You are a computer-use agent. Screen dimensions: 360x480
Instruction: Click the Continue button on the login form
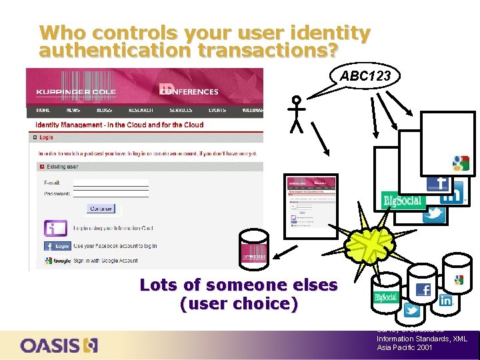click(x=101, y=209)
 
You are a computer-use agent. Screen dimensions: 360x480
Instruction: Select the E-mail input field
click(x=110, y=182)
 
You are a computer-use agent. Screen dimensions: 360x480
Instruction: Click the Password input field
click(x=110, y=193)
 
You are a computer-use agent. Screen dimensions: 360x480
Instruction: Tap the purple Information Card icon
click(x=55, y=228)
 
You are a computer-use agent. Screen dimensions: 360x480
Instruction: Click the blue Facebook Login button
click(x=57, y=245)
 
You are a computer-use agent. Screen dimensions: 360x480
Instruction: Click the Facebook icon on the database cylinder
click(x=423, y=289)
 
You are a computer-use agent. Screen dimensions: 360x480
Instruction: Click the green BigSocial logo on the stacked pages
click(x=403, y=199)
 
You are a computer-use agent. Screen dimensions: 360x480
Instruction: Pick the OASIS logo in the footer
click(x=59, y=345)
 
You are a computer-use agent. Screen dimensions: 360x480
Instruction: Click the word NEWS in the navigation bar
click(x=73, y=110)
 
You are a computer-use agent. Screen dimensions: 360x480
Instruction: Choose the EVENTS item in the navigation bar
click(x=217, y=110)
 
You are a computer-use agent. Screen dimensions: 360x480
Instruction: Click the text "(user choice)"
click(x=238, y=304)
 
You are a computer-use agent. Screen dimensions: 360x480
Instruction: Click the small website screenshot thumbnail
click(x=311, y=205)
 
